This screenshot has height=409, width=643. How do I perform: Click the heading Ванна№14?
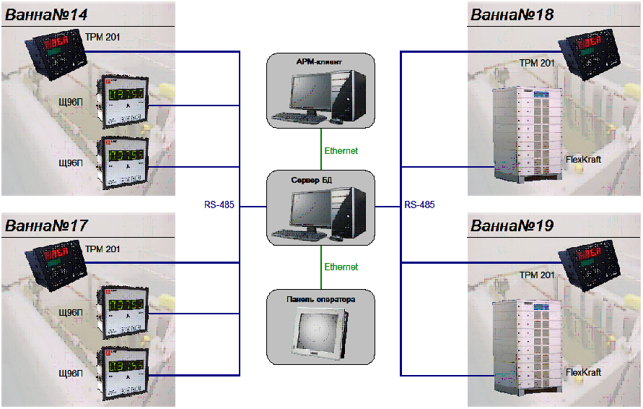[x=46, y=14]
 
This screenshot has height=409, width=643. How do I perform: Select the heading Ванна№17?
[x=46, y=225]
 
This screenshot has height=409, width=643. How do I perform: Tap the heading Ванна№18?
[x=512, y=14]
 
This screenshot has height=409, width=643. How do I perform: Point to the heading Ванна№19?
[x=512, y=225]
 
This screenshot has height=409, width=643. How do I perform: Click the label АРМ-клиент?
[x=320, y=62]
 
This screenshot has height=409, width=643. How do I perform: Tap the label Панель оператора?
[x=320, y=298]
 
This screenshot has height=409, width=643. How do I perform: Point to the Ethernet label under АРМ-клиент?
[x=341, y=151]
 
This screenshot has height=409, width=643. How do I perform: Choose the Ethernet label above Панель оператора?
[x=341, y=267]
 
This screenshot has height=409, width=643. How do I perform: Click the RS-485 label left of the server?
[x=219, y=205]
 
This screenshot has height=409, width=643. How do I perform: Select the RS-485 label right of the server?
[x=419, y=205]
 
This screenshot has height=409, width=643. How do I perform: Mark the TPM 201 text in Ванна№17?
[x=104, y=249]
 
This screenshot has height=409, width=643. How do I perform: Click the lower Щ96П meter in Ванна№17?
[x=126, y=371]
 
